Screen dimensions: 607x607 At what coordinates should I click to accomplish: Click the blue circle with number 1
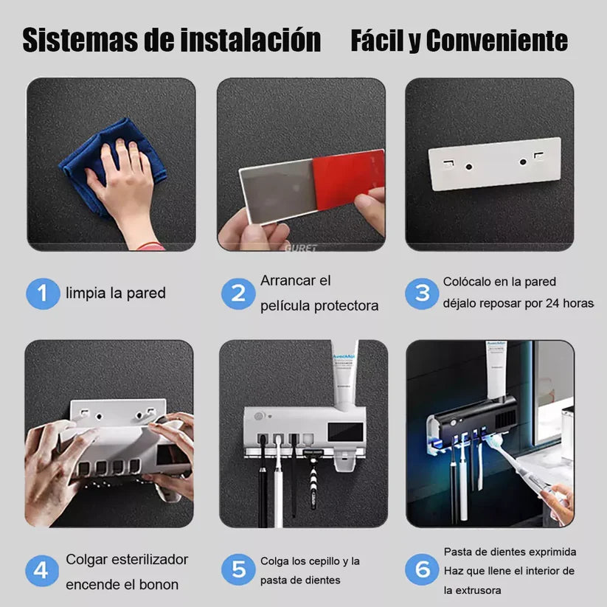(43, 293)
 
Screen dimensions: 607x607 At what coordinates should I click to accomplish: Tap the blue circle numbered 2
(238, 294)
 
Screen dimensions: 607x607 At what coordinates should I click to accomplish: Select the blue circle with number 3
(423, 293)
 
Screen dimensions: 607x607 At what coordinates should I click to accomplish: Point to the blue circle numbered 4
(43, 570)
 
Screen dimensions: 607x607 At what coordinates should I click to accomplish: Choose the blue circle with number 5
(238, 570)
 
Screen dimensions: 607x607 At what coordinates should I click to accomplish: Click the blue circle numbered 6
(423, 570)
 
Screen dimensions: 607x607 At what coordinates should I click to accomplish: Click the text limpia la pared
(116, 293)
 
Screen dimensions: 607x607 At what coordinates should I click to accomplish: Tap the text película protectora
(319, 305)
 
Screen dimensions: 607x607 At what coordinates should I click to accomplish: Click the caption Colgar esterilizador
(127, 559)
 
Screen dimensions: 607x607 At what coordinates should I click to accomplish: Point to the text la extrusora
(473, 590)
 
